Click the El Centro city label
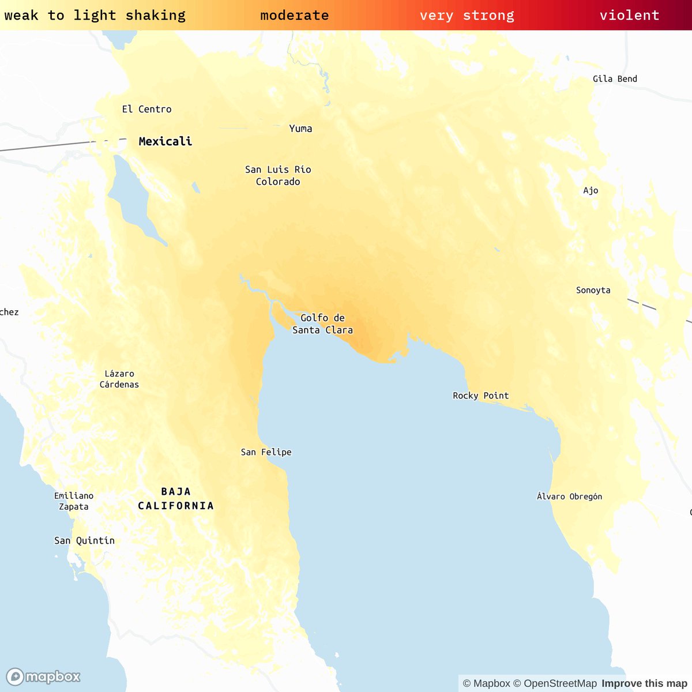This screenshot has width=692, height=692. [x=146, y=109]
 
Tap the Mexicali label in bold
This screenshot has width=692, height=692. [x=165, y=141]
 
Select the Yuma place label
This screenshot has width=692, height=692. [x=300, y=129]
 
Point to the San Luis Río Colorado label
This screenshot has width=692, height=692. [x=278, y=175]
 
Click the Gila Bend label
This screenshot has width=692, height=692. [x=615, y=79]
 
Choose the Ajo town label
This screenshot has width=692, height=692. [x=591, y=190]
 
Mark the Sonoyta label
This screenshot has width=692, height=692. [x=593, y=290]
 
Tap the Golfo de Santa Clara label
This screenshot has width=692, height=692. [x=322, y=324]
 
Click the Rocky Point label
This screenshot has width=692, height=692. [x=480, y=396]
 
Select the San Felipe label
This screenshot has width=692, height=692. [x=266, y=452]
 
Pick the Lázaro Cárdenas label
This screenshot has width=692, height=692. [x=119, y=379]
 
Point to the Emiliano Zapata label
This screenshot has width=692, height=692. [x=74, y=501]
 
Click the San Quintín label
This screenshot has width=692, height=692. [x=84, y=540]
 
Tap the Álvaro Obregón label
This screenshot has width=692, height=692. [x=569, y=497]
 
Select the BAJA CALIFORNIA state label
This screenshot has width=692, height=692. [x=176, y=498]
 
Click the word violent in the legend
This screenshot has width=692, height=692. [x=629, y=15]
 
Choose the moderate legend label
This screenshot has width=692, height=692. [x=294, y=15]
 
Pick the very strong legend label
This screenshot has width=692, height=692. [x=467, y=15]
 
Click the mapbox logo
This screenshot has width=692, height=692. [x=43, y=676]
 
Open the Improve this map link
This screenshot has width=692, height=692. [x=644, y=683]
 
